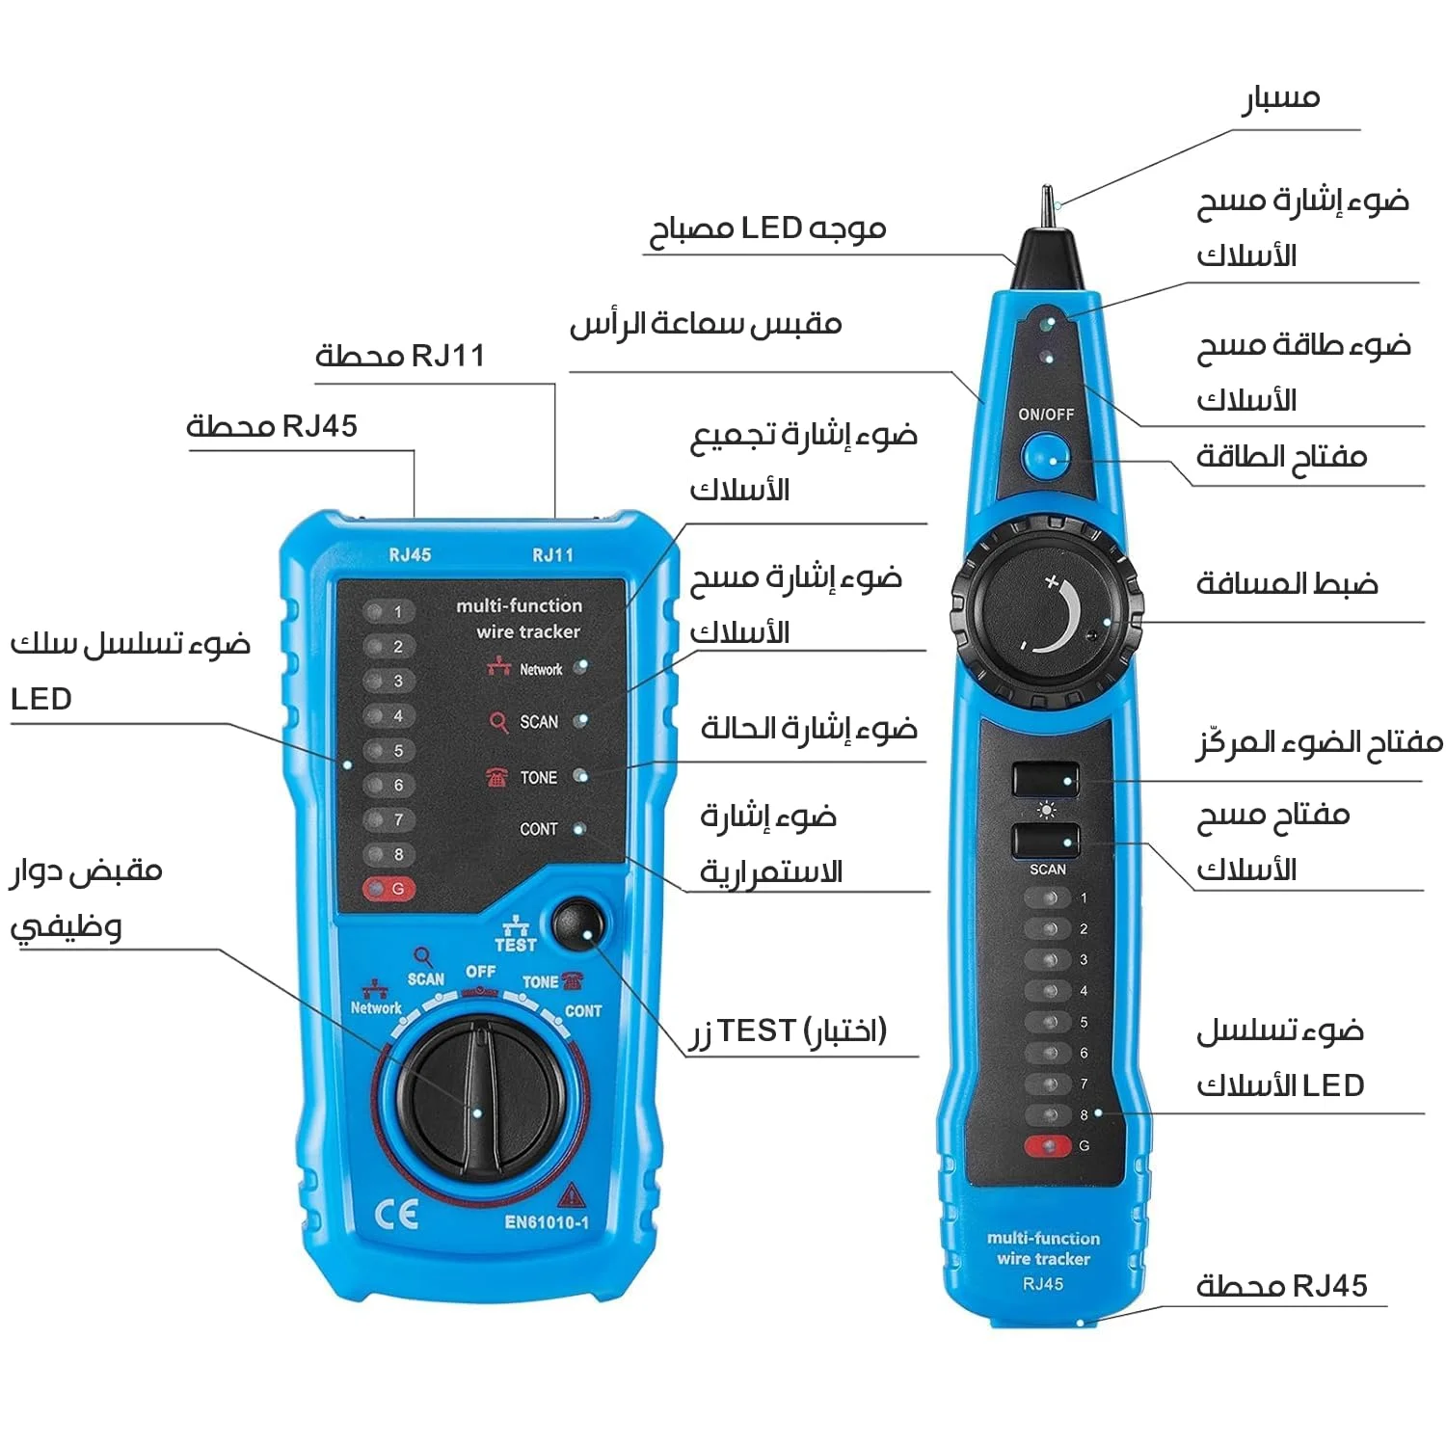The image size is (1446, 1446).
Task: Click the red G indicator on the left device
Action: tap(388, 889)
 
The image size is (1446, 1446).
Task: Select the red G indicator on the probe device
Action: tap(1048, 1146)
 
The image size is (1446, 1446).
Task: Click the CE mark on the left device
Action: tap(396, 1214)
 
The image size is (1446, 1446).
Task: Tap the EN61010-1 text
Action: tap(547, 1222)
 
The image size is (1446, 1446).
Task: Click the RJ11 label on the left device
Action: tap(552, 555)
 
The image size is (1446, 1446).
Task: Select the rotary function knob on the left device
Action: tap(480, 1099)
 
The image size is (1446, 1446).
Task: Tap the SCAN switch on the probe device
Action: tap(1045, 839)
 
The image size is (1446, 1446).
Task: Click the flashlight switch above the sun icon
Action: tap(1045, 778)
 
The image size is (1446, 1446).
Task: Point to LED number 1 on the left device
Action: tap(388, 611)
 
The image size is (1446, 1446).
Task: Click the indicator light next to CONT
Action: tap(579, 829)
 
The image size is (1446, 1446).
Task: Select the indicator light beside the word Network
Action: tap(580, 667)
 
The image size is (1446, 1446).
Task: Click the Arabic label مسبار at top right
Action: tap(1280, 98)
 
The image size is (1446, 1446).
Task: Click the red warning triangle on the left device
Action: tap(572, 1195)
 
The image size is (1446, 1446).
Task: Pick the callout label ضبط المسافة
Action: tap(1286, 583)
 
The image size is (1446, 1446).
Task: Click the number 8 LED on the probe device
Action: tap(1049, 1115)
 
